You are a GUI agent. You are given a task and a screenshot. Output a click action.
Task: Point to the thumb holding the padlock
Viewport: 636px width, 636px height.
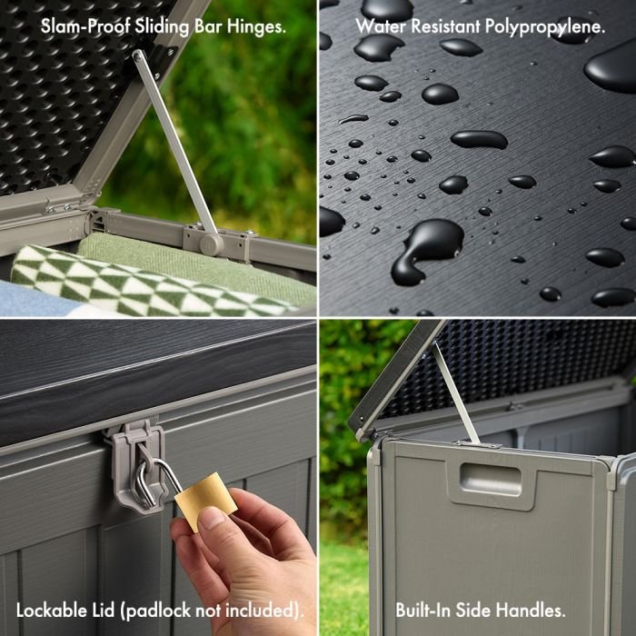(x=212, y=524)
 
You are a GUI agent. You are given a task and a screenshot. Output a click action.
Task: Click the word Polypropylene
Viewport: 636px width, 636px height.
(x=544, y=26)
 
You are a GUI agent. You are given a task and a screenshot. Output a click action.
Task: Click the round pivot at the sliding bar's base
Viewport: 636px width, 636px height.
(x=211, y=243)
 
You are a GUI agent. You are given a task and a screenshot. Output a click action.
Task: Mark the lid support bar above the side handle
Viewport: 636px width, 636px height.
(x=455, y=391)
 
